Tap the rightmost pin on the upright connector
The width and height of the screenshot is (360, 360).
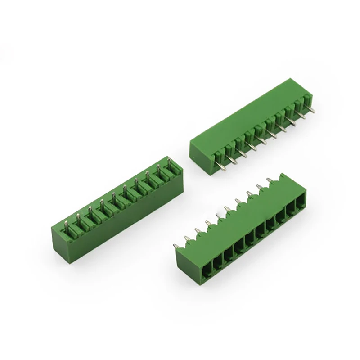pyautogui.click(x=170, y=163)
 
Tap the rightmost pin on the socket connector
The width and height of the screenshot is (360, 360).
pyautogui.click(x=270, y=180)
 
